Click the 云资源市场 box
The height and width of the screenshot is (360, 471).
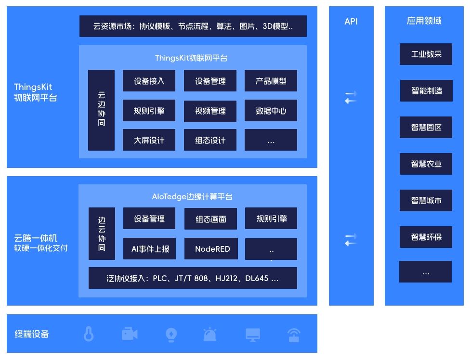pos(193,26)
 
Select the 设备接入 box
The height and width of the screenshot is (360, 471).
pos(149,81)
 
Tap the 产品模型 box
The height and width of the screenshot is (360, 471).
pos(271,81)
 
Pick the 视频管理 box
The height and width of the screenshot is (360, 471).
pos(210,111)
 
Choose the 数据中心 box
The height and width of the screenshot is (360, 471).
pos(271,111)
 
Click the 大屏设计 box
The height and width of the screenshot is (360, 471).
pos(149,140)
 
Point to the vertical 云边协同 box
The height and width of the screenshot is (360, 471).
pos(101,110)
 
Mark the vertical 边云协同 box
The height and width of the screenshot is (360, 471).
pos(102,234)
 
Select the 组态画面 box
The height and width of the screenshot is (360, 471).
pos(210,219)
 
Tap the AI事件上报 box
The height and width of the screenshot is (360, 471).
pos(150,249)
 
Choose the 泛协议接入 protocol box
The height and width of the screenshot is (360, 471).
pos(193,278)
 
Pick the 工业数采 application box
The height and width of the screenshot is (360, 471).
pos(426,54)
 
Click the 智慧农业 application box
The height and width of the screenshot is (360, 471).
pos(426,164)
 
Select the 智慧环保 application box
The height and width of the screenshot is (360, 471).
pos(426,237)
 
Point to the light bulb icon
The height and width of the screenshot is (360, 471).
pos(171,334)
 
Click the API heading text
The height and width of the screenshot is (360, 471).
pos(351,21)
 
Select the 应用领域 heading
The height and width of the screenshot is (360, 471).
pos(424,21)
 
